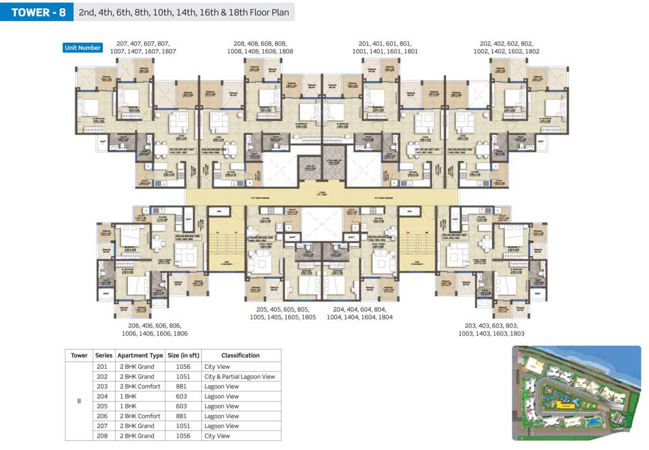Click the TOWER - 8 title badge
(36, 12)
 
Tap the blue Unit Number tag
(83, 48)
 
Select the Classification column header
(240, 355)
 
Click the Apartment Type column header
(140, 355)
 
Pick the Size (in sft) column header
(184, 355)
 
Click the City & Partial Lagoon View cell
(239, 377)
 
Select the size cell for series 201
(184, 367)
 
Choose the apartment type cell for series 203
(140, 387)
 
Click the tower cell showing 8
(79, 401)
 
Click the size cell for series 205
(184, 406)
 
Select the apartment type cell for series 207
(140, 426)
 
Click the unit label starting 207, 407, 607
(143, 47)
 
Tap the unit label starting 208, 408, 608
(260, 47)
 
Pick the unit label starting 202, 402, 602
(507, 47)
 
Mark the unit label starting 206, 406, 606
(155, 329)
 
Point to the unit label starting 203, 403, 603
(491, 329)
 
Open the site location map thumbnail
(576, 393)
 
